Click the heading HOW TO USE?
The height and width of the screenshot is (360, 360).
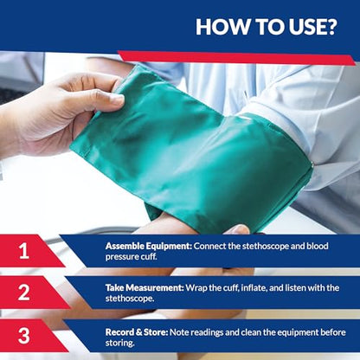(x=266, y=26)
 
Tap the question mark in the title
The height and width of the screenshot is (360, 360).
(x=330, y=26)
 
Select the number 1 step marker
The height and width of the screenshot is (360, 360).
(x=25, y=250)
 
